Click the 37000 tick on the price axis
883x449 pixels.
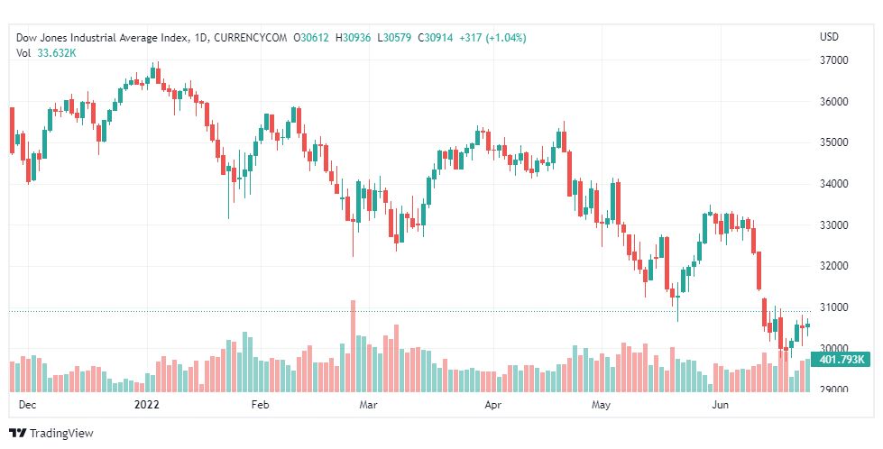[834, 60]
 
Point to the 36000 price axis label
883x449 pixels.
[834, 102]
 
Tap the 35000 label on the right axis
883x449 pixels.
[834, 142]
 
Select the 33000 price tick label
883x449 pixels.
[834, 224]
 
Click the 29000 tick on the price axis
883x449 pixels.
[834, 389]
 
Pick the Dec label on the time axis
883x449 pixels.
[28, 406]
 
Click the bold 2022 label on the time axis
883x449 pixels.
[146, 406]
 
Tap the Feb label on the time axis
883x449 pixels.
[260, 406]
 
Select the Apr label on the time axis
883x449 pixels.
[493, 406]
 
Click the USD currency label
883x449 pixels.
[828, 37]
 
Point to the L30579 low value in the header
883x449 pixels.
[397, 38]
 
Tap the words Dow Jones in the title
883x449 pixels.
[41, 38]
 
